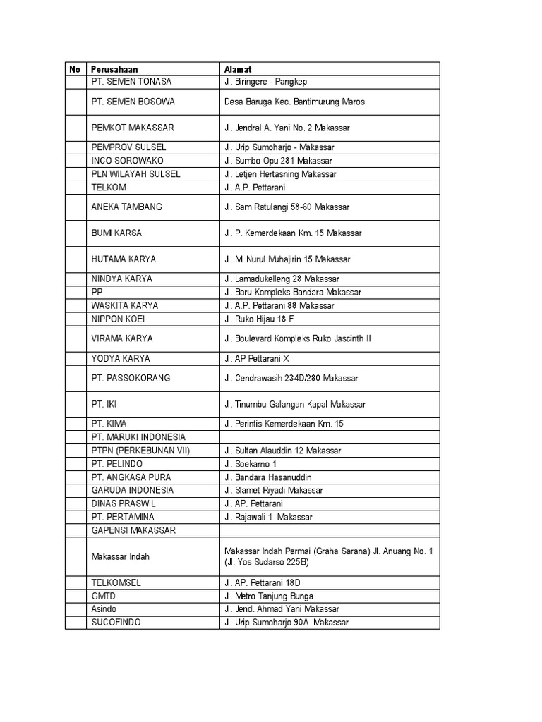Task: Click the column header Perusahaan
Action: coord(114,69)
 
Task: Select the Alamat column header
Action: coord(238,69)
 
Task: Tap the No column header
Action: coord(75,69)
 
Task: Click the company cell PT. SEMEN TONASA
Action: coord(131,82)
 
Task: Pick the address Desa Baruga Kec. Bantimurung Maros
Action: coord(294,102)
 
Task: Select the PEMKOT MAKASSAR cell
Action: coord(133,128)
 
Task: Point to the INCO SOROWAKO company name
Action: coord(127,161)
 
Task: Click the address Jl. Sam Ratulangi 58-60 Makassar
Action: coord(287,207)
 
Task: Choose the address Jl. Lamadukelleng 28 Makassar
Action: coord(282,279)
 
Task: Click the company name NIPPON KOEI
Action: coord(118,319)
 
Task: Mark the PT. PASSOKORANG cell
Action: coord(131,378)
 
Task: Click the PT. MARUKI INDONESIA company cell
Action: coord(138,437)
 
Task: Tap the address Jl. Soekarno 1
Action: coord(250,463)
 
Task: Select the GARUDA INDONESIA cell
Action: coord(133,490)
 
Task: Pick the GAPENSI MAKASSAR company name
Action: coord(133,530)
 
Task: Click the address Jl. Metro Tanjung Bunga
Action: coord(268,596)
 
